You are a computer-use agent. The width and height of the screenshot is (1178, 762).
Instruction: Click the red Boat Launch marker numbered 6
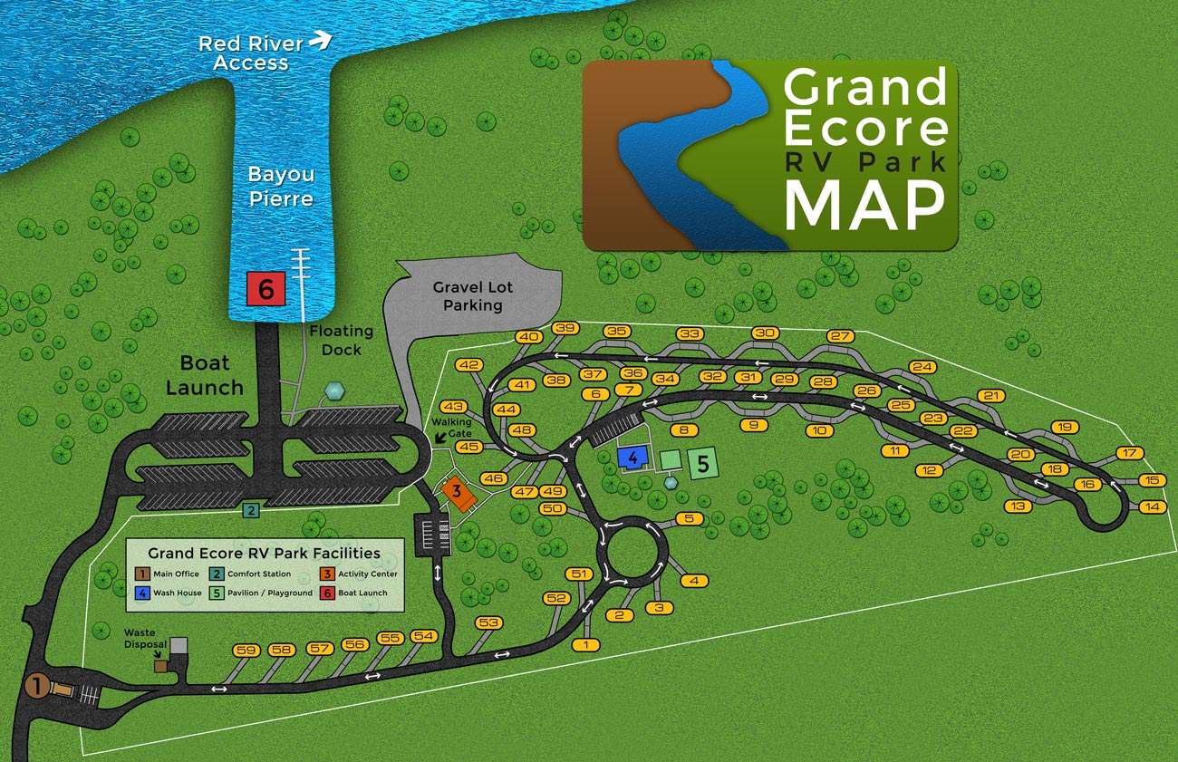tap(266, 290)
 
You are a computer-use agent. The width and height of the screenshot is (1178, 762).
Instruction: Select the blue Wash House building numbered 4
tap(632, 458)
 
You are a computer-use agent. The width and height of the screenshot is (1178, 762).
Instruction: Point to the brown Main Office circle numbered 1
tap(36, 686)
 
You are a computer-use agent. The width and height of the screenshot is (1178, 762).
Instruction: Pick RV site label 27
tap(841, 336)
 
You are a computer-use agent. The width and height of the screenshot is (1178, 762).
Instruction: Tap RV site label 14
tap(1152, 506)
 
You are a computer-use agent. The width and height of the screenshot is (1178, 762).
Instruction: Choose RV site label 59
tap(246, 650)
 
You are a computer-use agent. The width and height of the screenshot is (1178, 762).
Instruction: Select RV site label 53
tap(489, 622)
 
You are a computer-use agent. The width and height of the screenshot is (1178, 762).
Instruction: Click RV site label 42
tap(468, 365)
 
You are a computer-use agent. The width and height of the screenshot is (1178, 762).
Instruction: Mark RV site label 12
tap(929, 470)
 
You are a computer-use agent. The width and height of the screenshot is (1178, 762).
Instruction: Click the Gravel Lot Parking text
tap(472, 296)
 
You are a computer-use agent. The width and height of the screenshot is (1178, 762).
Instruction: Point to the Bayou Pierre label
tap(281, 185)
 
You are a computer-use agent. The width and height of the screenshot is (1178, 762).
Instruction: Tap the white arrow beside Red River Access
tap(321, 39)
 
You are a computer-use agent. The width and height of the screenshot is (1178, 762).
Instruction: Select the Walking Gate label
tap(450, 428)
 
